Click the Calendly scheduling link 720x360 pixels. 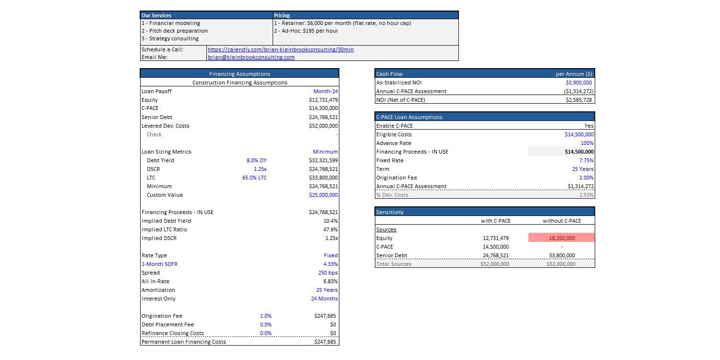coord(281,49)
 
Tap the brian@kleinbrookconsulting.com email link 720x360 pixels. coord(251,57)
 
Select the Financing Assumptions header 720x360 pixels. coord(240,74)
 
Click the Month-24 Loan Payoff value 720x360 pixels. coord(325,91)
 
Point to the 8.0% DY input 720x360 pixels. coord(256,160)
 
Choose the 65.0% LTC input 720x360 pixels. coord(254,178)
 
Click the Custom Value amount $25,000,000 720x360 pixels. coord(324,195)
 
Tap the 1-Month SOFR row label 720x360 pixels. coord(159,264)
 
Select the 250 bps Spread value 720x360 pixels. coord(328,273)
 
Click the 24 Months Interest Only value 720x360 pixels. coord(324,299)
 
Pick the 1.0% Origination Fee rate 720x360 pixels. coord(266,316)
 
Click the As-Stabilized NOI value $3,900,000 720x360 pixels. coord(578,83)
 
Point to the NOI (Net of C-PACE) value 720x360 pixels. coord(578,100)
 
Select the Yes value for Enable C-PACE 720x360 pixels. coord(589,126)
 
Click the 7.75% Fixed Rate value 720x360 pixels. coord(586,160)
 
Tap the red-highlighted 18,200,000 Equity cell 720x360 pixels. coord(562,238)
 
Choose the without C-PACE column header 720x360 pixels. coord(562,221)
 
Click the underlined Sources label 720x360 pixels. coord(386,230)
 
